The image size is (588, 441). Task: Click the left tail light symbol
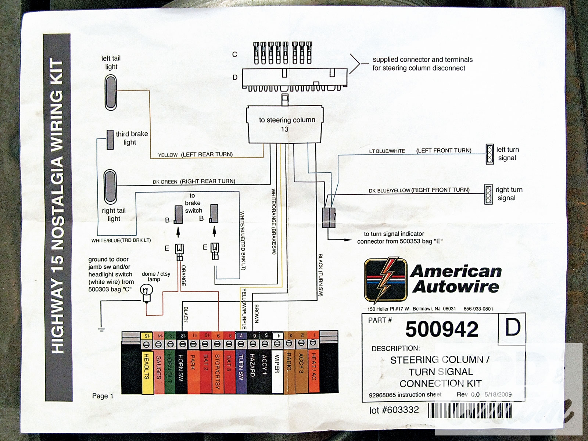click(x=111, y=93)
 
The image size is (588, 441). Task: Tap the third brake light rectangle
click(x=110, y=140)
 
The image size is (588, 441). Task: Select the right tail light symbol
click(x=110, y=187)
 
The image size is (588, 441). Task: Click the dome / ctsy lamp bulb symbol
click(x=147, y=293)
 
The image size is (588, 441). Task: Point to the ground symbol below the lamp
click(x=101, y=329)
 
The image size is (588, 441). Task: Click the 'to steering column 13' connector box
click(x=286, y=125)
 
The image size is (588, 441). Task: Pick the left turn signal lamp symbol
click(x=490, y=154)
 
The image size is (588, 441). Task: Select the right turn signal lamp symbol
click(x=488, y=194)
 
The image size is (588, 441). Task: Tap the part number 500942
click(x=442, y=329)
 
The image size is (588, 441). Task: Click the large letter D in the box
click(x=512, y=327)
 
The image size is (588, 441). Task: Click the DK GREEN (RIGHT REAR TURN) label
click(x=194, y=182)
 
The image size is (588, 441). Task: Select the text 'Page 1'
click(x=103, y=396)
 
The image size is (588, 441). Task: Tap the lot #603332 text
click(x=394, y=410)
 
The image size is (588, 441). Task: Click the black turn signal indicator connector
click(x=329, y=218)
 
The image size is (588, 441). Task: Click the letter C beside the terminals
click(x=234, y=55)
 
